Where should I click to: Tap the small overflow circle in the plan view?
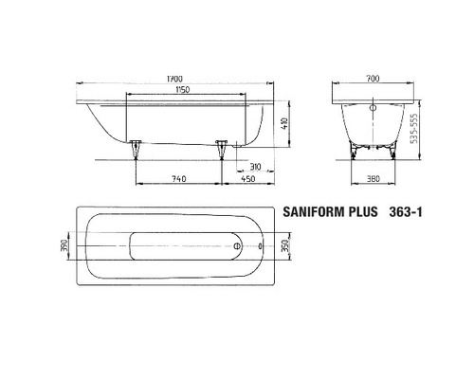click(x=262, y=244)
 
